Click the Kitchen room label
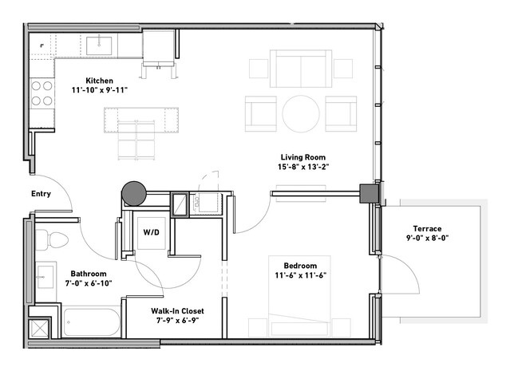tap(100, 81)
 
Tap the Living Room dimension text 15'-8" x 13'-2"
tap(303, 167)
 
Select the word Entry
tap(41, 194)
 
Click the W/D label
tap(152, 232)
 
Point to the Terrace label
tap(427, 228)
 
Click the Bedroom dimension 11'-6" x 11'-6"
tap(301, 275)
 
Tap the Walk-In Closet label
tap(178, 310)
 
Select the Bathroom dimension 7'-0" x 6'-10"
tap(89, 283)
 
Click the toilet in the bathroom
tap(52, 239)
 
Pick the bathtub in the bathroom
tap(92, 322)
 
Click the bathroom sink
tap(45, 277)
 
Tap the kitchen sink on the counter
tap(99, 45)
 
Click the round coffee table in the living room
tap(301, 114)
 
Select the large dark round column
tap(134, 194)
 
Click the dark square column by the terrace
tap(370, 194)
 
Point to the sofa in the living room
tap(301, 69)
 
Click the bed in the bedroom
tap(299, 296)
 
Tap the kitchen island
tap(141, 120)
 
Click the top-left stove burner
tap(36, 86)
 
